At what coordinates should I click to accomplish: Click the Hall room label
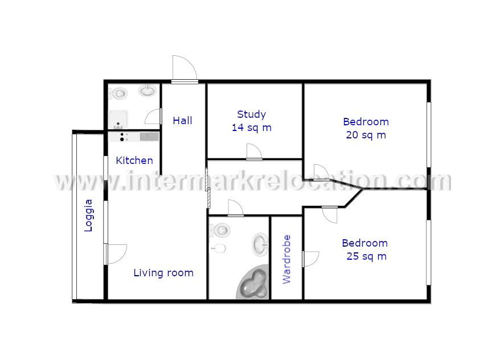click(182, 121)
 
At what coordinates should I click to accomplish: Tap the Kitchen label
click(134, 161)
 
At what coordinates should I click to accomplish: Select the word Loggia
click(88, 215)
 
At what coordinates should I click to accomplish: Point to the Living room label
click(163, 273)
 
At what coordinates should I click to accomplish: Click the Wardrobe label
click(286, 259)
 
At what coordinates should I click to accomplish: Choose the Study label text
click(251, 114)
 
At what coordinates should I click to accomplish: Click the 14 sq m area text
click(251, 128)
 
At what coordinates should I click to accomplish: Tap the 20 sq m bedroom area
click(366, 135)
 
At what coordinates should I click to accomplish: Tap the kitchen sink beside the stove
click(149, 136)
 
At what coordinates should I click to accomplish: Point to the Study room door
click(254, 152)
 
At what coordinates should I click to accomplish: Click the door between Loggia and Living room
click(116, 253)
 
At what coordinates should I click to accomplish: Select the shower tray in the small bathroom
click(118, 119)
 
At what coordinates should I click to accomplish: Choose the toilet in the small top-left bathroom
click(120, 93)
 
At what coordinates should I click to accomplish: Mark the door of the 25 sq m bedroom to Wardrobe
click(311, 259)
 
